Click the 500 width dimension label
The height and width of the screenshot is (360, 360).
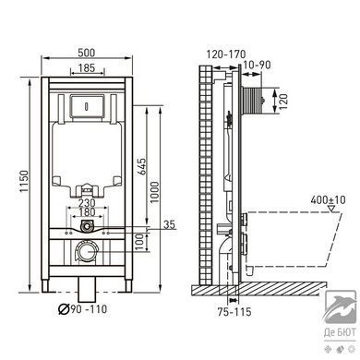[x=86, y=53]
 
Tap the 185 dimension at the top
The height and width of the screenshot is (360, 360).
[x=87, y=67]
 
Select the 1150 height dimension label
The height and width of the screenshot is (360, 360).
[x=24, y=181]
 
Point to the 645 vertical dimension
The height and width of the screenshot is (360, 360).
[x=141, y=166]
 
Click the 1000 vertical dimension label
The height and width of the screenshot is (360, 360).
[x=155, y=192]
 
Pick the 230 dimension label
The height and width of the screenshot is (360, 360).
[x=87, y=203]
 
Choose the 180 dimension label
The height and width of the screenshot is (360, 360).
[x=87, y=212]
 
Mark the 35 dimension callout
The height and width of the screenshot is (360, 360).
[x=169, y=224]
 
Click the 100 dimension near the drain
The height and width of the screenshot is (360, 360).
[x=140, y=241]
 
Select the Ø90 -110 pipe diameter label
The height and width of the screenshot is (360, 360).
[x=83, y=308]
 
